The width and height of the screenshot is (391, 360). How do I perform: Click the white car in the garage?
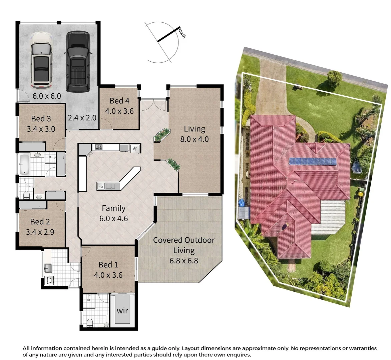41,61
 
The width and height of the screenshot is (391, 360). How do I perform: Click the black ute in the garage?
77,62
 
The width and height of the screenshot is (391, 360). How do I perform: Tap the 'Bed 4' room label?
119,101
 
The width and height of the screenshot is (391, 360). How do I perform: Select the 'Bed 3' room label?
41,119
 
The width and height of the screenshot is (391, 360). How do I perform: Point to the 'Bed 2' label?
40,222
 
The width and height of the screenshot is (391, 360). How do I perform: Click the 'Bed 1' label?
108,265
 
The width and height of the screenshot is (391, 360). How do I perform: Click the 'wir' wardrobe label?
122,311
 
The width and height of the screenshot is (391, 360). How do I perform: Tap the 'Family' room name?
113,208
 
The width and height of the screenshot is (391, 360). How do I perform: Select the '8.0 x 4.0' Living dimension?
194,139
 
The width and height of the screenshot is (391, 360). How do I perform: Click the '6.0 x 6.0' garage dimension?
47,96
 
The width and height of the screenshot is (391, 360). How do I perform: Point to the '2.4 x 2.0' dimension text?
82,118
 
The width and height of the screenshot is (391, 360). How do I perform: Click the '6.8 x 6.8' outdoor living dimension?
183,260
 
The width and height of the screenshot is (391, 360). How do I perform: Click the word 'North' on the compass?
182,34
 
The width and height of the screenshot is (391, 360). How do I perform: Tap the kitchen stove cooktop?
99,147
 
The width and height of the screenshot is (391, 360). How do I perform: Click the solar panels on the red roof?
312,162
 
